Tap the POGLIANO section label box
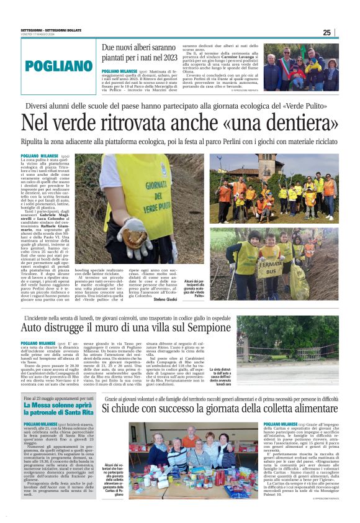pos(59,66)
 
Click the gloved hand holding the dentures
pos(135,236)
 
